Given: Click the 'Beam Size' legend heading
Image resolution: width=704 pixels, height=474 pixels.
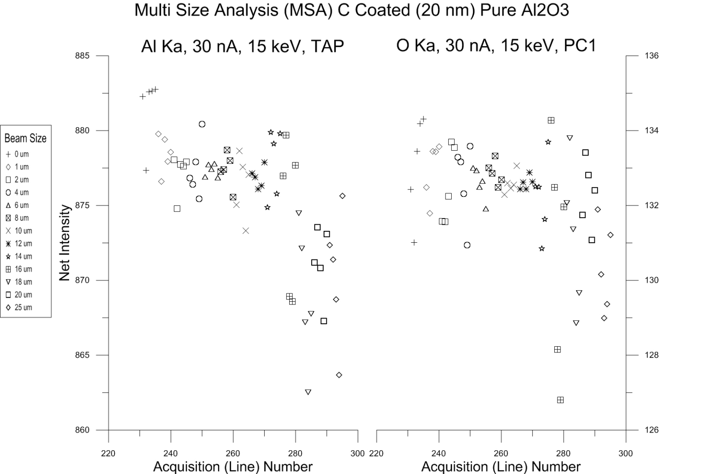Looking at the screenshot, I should tap(25, 138).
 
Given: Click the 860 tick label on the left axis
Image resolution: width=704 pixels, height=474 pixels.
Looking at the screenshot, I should tap(82, 430).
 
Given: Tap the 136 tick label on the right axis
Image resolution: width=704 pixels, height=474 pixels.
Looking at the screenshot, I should tap(652, 56).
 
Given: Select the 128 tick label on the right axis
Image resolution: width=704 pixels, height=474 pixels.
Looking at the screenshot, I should tap(652, 355).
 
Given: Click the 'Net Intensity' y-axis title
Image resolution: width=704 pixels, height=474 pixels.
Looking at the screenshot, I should tap(65, 243).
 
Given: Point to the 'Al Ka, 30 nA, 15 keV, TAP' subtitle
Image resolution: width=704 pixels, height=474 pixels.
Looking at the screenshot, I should tap(242, 46).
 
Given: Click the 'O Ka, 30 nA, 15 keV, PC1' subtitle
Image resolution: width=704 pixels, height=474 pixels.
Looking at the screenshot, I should tap(496, 45).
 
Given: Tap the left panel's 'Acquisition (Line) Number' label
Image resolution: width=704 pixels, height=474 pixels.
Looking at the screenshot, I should tap(232, 467).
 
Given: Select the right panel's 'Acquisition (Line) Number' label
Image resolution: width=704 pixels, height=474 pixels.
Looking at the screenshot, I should tap(501, 467).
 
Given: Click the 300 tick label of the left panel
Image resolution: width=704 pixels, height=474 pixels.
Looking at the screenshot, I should tap(358, 453).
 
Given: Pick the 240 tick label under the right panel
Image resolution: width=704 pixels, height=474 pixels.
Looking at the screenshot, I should tap(439, 453).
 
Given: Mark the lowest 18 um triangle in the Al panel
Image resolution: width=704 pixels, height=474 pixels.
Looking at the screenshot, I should tap(308, 392).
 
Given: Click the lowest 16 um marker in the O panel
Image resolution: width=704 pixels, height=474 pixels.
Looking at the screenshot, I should tap(560, 400).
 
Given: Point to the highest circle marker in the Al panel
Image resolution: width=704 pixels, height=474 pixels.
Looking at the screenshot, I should tap(202, 124).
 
